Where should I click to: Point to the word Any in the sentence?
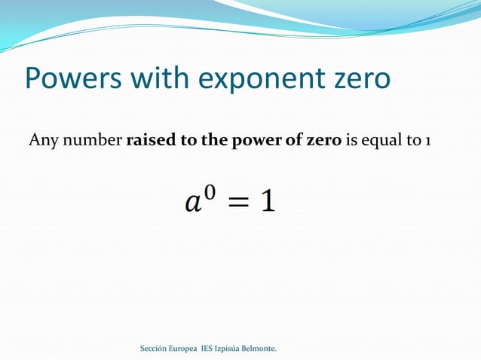pos(41,140)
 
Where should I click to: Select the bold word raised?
pos(149,139)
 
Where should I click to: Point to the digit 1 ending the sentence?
pos(427,139)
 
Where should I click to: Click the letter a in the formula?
pos(194,203)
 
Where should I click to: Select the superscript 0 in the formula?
pos(210,194)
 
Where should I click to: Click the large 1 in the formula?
pos(268,200)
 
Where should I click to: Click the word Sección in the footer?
pos(156,349)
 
